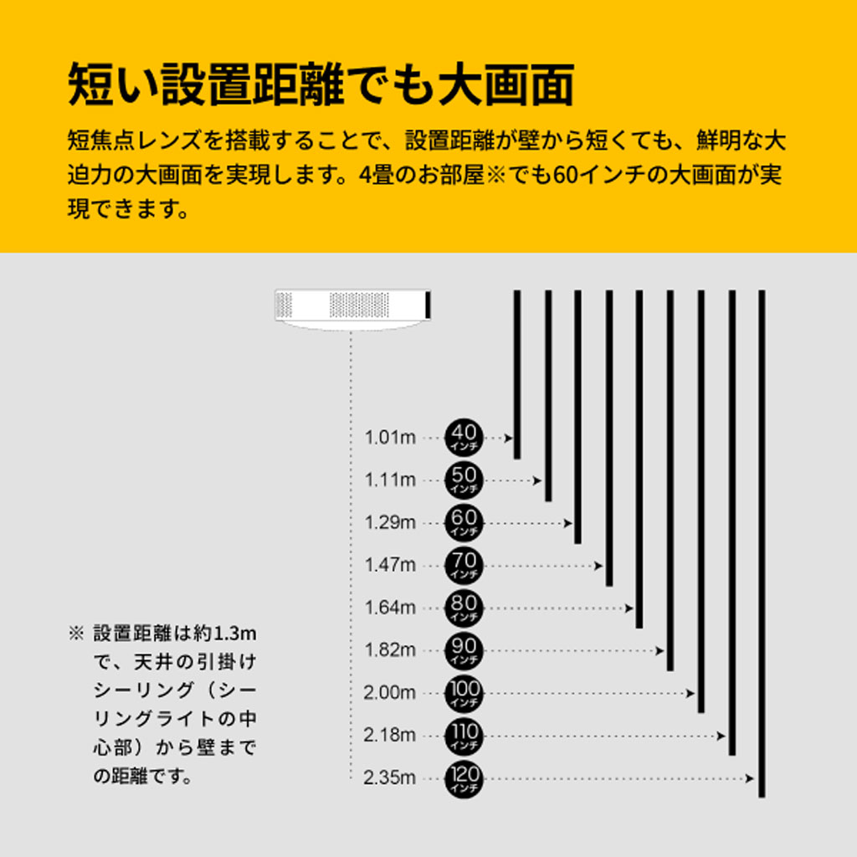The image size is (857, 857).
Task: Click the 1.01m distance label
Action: [x=390, y=438]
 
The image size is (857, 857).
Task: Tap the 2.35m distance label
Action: [x=390, y=777]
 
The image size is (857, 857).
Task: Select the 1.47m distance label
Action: [x=390, y=565]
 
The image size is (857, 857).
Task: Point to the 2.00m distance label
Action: [x=390, y=693]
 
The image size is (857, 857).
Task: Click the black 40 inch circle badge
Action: [x=464, y=437]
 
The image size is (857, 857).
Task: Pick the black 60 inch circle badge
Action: [x=464, y=522]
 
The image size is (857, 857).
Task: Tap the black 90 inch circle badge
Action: [x=464, y=650]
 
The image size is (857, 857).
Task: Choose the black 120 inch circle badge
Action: [x=464, y=778]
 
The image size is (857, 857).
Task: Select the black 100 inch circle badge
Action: [x=464, y=693]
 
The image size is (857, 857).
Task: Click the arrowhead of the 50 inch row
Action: [x=537, y=481]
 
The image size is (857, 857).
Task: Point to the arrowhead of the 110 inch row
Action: [x=721, y=736]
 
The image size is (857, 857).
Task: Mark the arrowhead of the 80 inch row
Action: [x=629, y=608]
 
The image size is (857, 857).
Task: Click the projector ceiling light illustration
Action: [x=352, y=310]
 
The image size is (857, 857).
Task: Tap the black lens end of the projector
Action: [x=428, y=305]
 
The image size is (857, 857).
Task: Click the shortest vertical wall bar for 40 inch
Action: [x=517, y=374]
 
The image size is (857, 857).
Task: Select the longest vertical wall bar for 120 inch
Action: [x=762, y=544]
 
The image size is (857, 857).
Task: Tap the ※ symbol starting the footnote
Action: [x=76, y=634]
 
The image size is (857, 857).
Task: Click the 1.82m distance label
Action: [x=390, y=650]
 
